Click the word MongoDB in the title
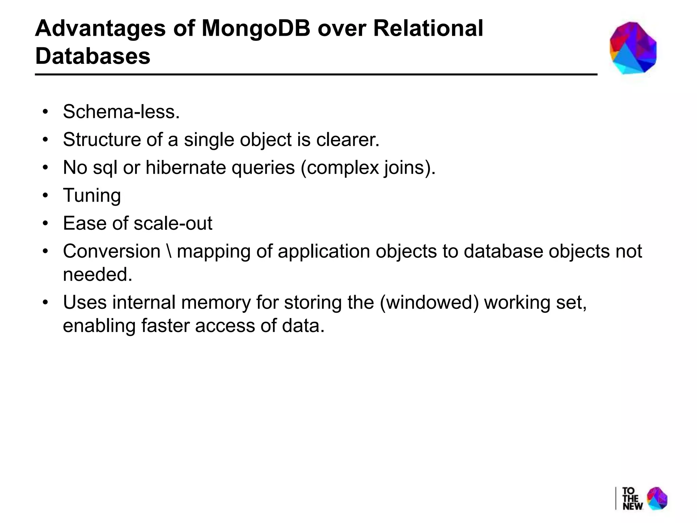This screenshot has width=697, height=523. (256, 29)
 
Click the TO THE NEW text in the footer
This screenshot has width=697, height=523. (632, 498)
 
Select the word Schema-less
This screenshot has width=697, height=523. (121, 112)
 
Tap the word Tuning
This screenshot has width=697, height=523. (92, 195)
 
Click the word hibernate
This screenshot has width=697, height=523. (185, 168)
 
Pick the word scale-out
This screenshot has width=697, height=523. (173, 223)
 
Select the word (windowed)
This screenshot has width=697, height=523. (429, 302)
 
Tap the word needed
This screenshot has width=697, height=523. (97, 274)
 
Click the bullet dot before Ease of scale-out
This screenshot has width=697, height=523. (46, 224)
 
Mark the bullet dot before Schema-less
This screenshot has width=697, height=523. (46, 112)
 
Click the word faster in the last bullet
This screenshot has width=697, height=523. (165, 326)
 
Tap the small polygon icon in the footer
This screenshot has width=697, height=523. (657, 498)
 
